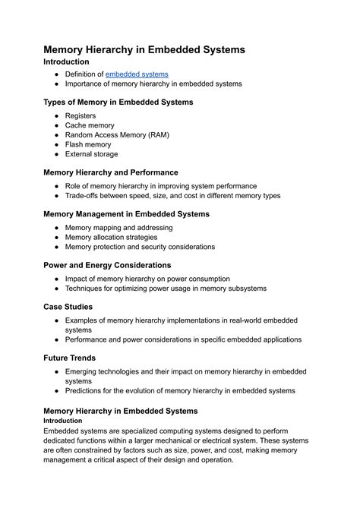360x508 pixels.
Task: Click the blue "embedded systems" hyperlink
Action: (x=137, y=74)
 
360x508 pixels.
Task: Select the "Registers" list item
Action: (x=81, y=115)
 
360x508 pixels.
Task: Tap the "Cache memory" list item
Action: (x=90, y=125)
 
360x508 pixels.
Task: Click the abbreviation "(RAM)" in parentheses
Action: (x=156, y=134)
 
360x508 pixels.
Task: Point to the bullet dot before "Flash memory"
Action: (x=57, y=144)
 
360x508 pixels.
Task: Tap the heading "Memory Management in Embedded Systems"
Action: (x=126, y=214)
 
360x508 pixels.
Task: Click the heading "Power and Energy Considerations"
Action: (x=107, y=265)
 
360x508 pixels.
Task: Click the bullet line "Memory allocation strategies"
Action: (x=111, y=237)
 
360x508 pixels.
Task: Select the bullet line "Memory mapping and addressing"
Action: (x=118, y=227)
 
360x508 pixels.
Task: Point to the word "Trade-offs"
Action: (x=84, y=195)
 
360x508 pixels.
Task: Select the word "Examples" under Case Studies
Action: (x=84, y=320)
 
